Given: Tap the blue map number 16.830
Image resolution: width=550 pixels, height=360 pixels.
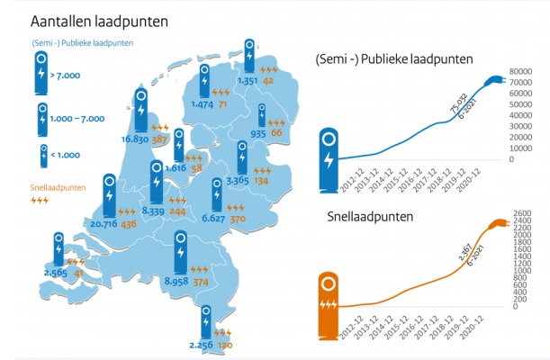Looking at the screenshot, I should [135, 140].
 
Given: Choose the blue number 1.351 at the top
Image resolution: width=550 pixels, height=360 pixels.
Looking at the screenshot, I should [247, 81].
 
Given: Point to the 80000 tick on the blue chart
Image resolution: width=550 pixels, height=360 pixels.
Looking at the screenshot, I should [521, 72].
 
